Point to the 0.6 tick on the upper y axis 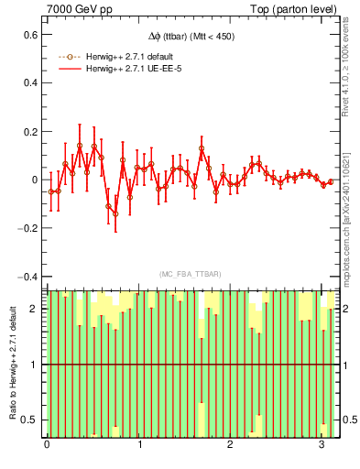30,34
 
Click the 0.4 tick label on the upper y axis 30,82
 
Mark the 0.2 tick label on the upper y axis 30,131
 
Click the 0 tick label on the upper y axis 35,180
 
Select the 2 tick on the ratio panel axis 35,309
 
